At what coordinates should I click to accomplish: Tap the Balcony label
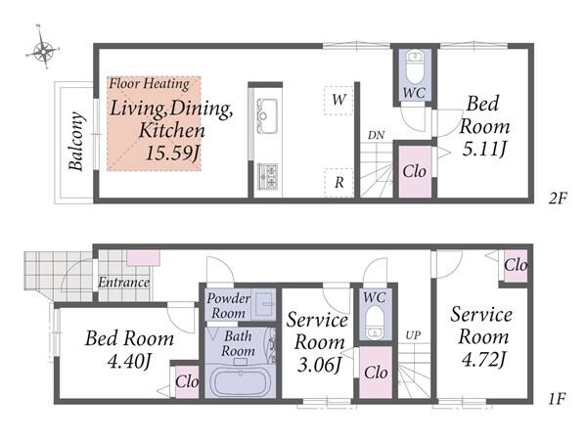point(76,141)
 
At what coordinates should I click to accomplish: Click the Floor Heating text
point(149,84)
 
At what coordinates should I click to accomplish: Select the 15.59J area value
point(171,153)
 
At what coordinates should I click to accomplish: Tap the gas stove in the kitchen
point(268,176)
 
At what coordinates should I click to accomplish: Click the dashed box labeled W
point(338,100)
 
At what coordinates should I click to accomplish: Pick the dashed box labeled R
point(338,183)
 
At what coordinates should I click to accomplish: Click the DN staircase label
point(376,135)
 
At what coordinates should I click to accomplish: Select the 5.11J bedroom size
point(484,150)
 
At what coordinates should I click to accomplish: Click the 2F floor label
point(558,198)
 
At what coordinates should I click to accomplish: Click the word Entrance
point(123,283)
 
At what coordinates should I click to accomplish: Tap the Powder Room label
point(228,305)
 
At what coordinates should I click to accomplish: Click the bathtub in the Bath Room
point(240,381)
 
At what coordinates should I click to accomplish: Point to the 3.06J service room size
point(319,365)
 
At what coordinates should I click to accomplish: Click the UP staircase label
point(413,335)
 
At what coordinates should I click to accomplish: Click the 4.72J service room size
point(483,360)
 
